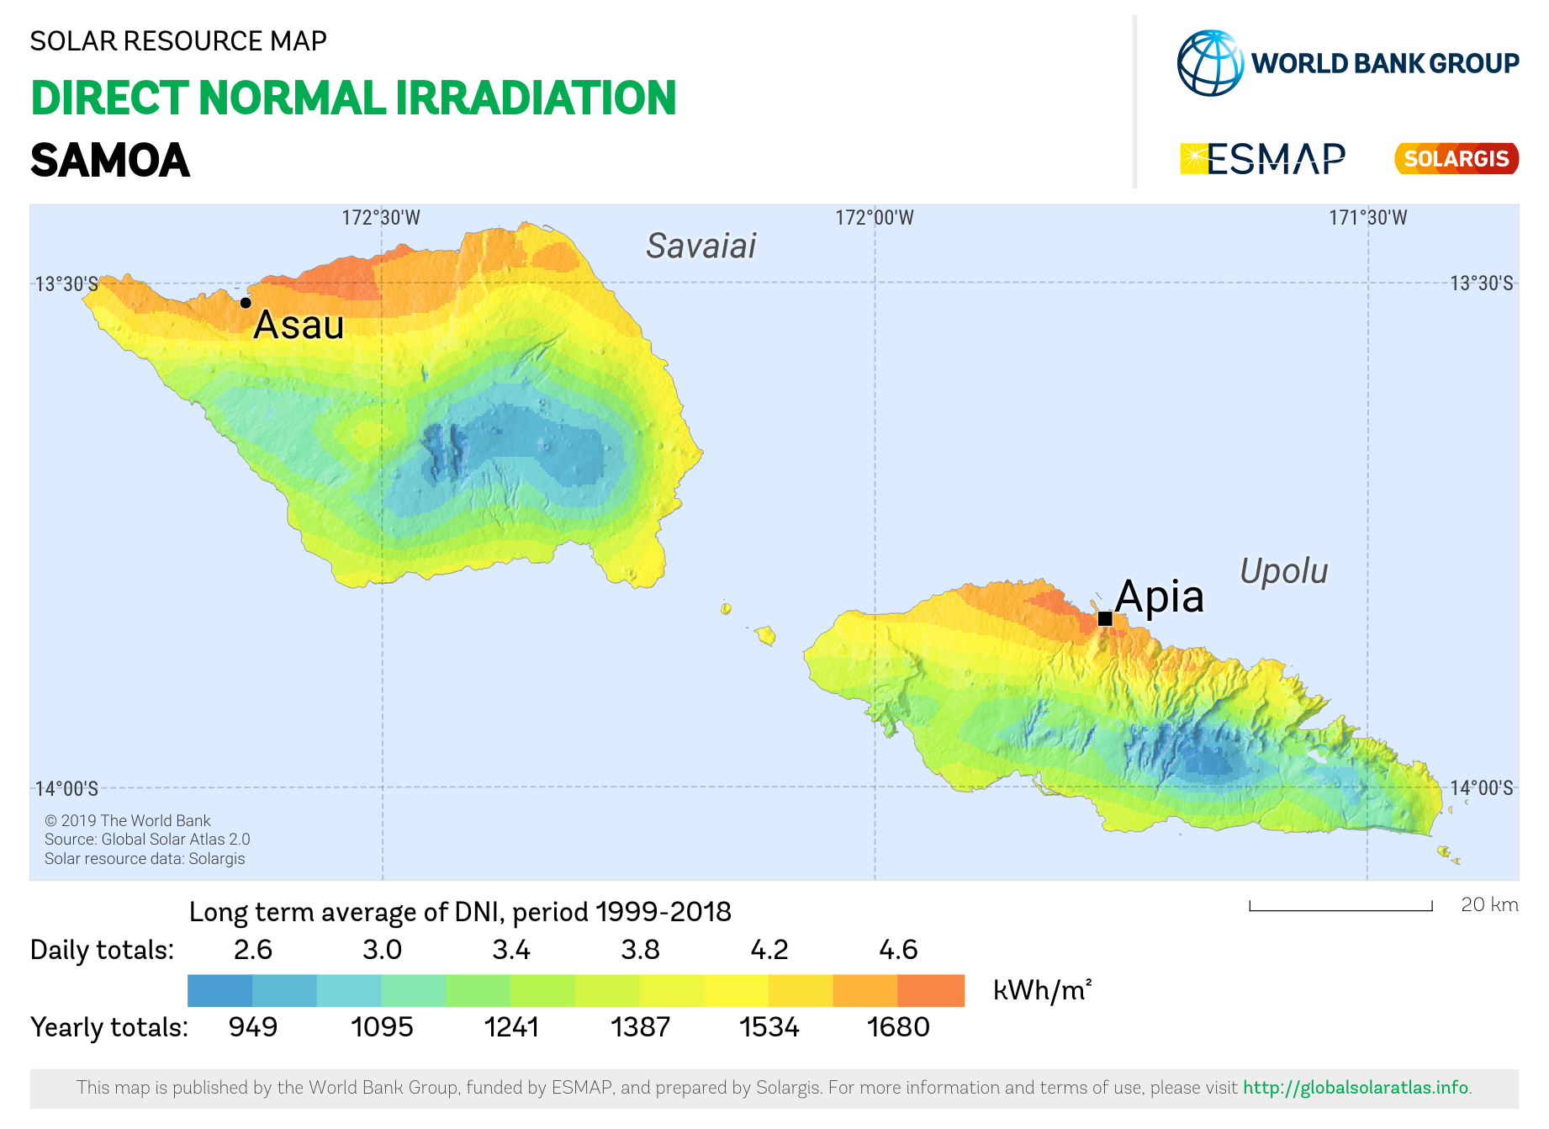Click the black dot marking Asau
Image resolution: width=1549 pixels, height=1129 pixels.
(x=246, y=303)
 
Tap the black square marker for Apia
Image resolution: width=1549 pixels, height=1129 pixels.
(x=1105, y=618)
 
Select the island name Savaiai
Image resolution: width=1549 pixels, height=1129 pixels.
(x=701, y=246)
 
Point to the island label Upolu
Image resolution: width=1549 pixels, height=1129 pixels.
(x=1284, y=571)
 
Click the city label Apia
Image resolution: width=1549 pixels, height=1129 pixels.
(x=1160, y=596)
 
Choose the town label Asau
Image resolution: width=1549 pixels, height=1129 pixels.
(x=299, y=325)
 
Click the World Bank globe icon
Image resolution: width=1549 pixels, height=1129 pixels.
(x=1210, y=63)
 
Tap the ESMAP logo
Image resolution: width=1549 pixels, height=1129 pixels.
(x=1263, y=159)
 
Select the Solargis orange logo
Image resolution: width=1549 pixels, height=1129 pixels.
(x=1456, y=159)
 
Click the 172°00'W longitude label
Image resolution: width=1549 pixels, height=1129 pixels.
(x=875, y=218)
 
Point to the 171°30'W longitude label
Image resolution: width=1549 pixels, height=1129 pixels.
(x=1368, y=218)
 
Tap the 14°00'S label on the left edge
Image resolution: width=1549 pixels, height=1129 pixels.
(x=66, y=788)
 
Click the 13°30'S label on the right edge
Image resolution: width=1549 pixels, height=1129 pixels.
(x=1482, y=283)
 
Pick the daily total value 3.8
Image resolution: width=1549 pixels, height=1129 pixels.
(x=640, y=950)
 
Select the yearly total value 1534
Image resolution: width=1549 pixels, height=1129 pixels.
(x=769, y=1027)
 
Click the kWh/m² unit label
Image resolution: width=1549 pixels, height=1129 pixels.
(x=1043, y=990)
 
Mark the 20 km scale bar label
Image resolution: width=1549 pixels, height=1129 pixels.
(x=1489, y=904)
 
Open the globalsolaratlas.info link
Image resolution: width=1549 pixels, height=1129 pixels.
(x=1356, y=1088)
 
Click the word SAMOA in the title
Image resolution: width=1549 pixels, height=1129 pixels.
(x=110, y=161)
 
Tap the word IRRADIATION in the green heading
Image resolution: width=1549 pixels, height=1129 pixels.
(x=536, y=98)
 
